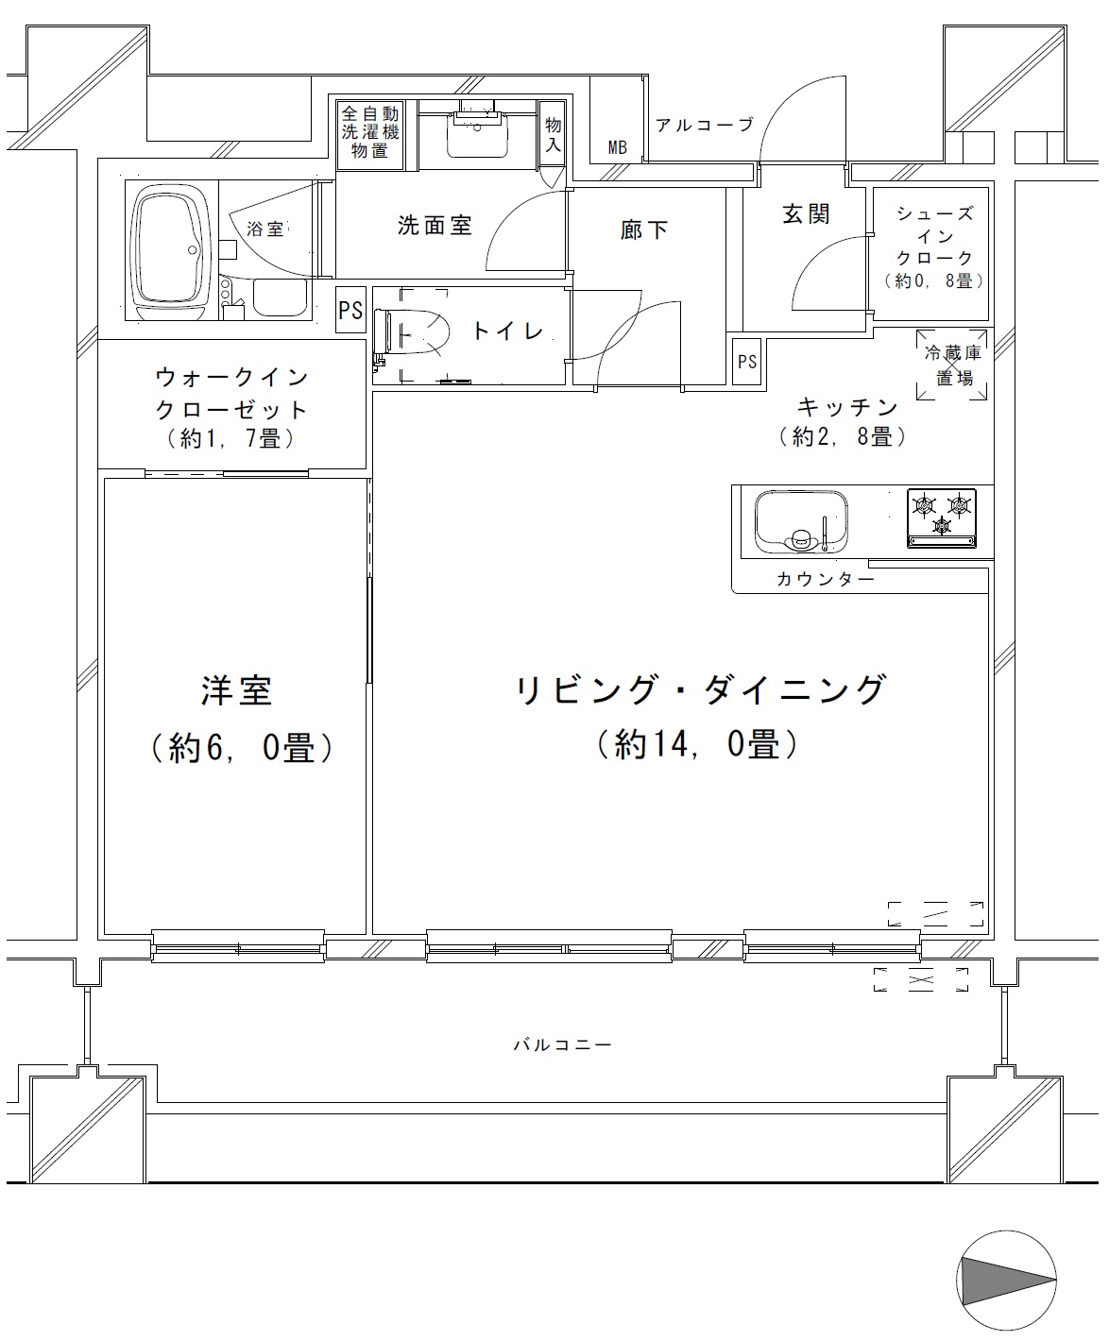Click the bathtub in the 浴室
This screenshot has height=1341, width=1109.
coord(172,250)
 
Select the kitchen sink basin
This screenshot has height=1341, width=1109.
coord(801,522)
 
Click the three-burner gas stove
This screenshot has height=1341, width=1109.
coord(941,518)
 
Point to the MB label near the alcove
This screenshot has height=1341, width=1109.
coord(618,147)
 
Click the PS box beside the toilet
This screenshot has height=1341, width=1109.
coord(350,310)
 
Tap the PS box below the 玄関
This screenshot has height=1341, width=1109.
coord(747,362)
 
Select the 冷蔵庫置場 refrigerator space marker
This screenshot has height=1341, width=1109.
coord(951,365)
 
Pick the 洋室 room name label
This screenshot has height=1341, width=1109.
coord(236,691)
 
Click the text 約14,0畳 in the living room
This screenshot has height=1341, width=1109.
coord(697,745)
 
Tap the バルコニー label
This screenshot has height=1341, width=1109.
coord(562,1044)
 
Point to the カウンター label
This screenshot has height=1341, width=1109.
coord(826,579)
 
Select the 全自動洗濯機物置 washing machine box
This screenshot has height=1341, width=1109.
coord(370,135)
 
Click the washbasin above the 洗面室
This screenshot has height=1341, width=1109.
coord(477,135)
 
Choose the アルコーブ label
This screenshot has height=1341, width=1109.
coord(705,126)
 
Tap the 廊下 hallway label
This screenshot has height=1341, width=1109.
coord(644,230)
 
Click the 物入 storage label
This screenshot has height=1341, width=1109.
coord(553,135)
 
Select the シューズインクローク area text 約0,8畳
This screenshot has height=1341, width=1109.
coord(934,280)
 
